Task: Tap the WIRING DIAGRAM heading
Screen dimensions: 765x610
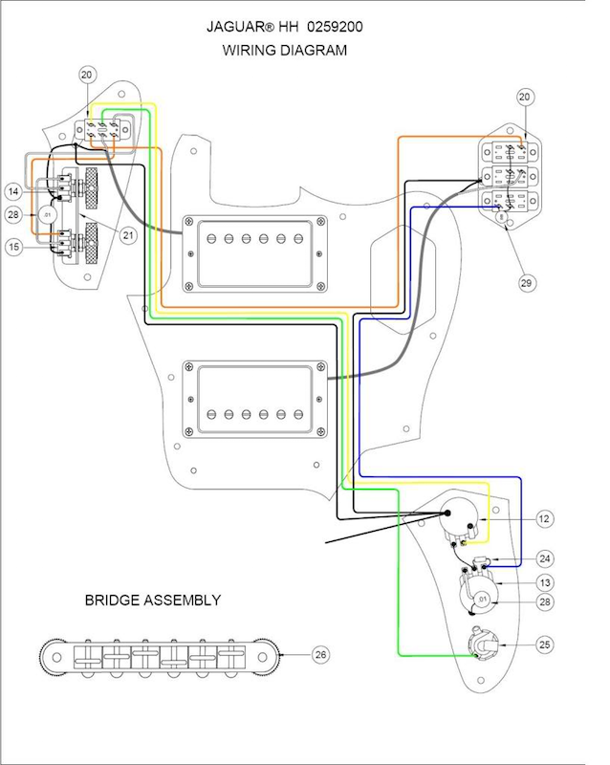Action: click(x=285, y=51)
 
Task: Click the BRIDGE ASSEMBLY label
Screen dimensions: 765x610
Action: click(x=153, y=601)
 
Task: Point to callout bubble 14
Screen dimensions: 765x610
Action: click(x=15, y=189)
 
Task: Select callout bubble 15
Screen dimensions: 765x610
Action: click(x=15, y=247)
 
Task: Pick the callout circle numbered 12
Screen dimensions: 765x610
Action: click(x=543, y=519)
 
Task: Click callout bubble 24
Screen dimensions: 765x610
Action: click(x=543, y=557)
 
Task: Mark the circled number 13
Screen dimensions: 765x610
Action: click(x=543, y=582)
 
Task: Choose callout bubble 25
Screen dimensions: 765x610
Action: click(x=543, y=645)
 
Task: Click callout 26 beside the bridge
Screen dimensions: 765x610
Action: click(x=321, y=654)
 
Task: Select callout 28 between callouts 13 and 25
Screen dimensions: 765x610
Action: click(x=543, y=601)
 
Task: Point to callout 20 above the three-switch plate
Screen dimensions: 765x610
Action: click(x=524, y=98)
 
